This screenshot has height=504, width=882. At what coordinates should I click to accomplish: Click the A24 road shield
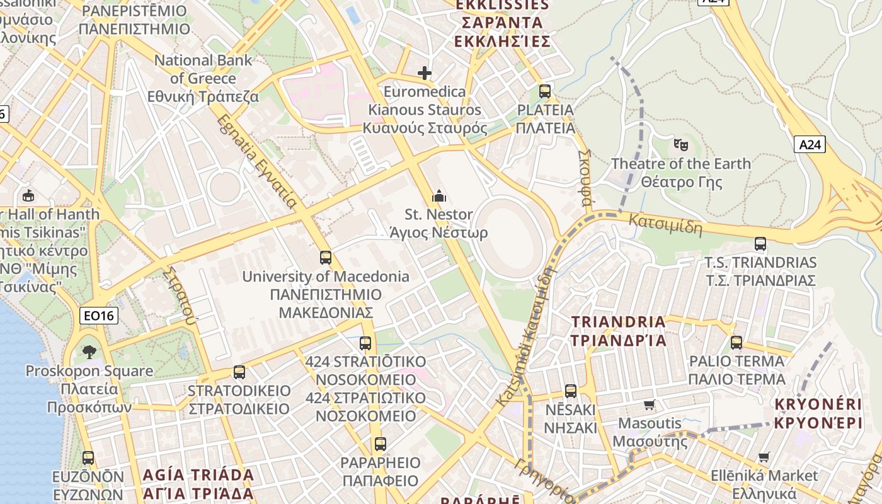810,145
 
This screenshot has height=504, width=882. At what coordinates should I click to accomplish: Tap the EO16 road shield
99,316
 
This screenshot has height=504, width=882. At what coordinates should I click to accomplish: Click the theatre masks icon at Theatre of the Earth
680,145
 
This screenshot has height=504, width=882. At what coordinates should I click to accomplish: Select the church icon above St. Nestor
439,197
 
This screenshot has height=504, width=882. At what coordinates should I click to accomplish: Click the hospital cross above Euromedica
425,73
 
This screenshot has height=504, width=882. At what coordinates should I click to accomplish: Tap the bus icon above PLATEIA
545,91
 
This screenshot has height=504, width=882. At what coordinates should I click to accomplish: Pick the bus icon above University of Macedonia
326,258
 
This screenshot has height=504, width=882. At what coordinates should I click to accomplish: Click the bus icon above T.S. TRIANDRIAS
760,244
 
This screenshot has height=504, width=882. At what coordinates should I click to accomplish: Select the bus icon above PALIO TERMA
736,343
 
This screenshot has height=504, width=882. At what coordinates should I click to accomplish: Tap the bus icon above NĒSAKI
571,391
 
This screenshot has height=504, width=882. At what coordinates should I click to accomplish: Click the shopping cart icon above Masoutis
650,404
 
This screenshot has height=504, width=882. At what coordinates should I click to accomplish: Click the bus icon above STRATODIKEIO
239,372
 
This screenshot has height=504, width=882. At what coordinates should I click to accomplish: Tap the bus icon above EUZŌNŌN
88,458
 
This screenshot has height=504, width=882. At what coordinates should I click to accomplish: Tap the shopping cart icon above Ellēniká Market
764,457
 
